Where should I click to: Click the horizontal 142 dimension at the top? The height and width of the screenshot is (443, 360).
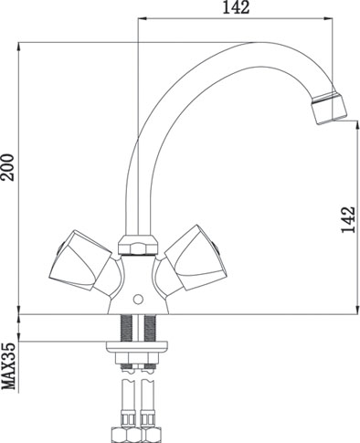coord(236,7)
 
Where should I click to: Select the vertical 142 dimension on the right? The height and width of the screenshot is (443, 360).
coord(348,220)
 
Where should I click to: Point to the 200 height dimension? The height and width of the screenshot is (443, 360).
coord(7,167)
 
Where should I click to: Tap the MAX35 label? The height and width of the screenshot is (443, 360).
coord(8,366)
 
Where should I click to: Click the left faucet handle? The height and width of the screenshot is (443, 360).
coord(80,263)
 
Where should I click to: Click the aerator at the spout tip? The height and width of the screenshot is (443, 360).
coord(329,109)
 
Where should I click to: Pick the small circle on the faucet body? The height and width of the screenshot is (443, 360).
coord(138,300)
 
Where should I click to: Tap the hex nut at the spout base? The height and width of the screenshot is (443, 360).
coord(138,245)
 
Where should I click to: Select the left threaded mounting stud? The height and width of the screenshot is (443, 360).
coord(127,328)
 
